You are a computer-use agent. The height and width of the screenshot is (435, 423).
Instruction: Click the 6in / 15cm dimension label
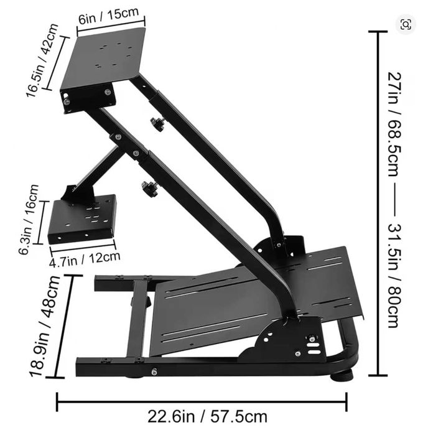(108, 16)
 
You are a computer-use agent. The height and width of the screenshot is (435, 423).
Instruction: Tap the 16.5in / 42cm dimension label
(42, 60)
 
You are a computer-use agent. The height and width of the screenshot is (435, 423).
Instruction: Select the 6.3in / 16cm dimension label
(28, 219)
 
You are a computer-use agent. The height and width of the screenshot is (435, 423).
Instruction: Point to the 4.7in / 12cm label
(85, 259)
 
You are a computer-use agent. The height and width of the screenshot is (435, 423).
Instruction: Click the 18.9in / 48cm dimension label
(44, 326)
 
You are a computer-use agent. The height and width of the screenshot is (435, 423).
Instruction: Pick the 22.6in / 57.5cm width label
(208, 416)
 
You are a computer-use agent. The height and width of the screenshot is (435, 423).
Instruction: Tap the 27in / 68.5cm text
(394, 124)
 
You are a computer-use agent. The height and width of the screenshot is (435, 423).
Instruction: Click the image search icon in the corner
(406, 24)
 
